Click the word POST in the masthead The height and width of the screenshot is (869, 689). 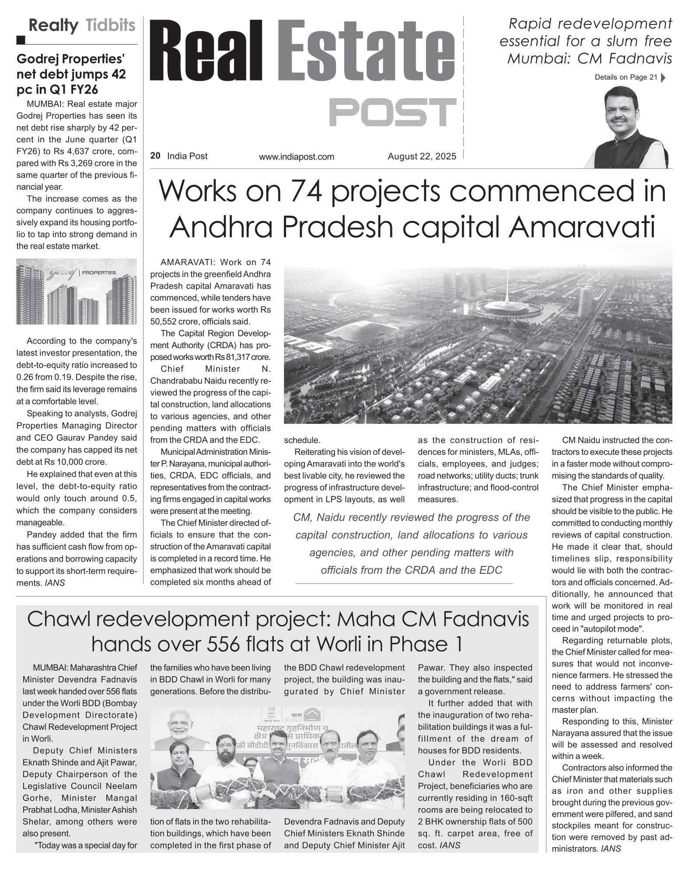[x=392, y=112]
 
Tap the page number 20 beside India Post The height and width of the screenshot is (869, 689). [x=155, y=156]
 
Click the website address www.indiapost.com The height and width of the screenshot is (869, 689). [x=296, y=157]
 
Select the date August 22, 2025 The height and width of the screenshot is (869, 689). [x=422, y=156]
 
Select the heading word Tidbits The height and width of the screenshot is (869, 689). [x=111, y=26]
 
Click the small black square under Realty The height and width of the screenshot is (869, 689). [x=21, y=41]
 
